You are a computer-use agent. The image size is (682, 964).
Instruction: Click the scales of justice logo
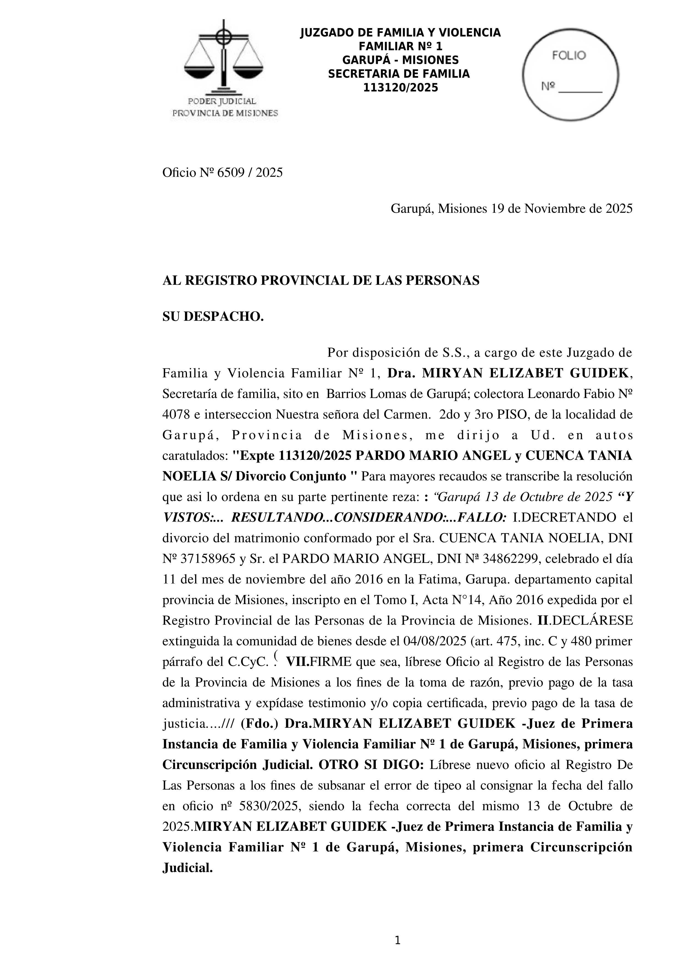(x=223, y=59)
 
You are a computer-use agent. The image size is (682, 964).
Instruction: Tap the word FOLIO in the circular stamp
(x=569, y=56)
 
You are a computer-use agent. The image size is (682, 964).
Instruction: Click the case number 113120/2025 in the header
(x=400, y=88)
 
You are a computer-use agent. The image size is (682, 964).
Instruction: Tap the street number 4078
(x=176, y=415)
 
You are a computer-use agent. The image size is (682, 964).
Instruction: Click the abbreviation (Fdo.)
(x=259, y=724)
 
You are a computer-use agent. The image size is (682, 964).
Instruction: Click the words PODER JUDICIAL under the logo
(x=222, y=101)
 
